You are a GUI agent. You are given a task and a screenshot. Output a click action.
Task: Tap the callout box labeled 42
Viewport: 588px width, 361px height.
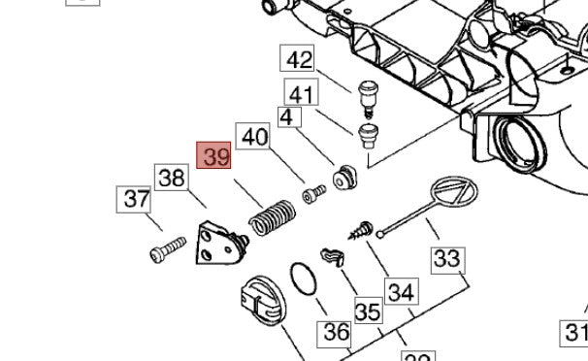[300, 60]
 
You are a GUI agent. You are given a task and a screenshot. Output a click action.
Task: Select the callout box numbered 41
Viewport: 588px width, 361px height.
[300, 94]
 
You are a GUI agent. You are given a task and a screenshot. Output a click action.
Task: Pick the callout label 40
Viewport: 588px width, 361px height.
[254, 137]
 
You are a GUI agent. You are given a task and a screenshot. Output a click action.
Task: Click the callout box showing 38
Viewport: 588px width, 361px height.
[172, 179]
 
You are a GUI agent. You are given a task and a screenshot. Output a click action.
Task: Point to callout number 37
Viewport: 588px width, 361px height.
[134, 201]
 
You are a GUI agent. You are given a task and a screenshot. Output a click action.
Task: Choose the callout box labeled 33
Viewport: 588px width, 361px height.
[447, 259]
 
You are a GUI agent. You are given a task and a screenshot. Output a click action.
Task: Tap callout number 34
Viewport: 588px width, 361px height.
[400, 291]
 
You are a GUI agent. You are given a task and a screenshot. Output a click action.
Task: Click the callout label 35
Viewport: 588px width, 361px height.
[368, 312]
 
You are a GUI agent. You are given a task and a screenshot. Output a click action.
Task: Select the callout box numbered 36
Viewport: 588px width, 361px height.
[336, 332]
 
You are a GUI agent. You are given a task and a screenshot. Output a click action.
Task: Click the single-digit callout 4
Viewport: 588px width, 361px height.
[285, 117]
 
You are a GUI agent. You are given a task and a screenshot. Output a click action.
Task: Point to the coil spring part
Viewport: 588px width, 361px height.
[273, 216]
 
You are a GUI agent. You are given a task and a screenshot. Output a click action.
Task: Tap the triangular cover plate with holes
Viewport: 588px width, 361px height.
[217, 244]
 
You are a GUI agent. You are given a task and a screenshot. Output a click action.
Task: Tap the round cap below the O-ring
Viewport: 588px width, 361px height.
[261, 300]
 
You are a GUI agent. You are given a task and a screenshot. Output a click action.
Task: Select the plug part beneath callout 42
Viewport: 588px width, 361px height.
[368, 94]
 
